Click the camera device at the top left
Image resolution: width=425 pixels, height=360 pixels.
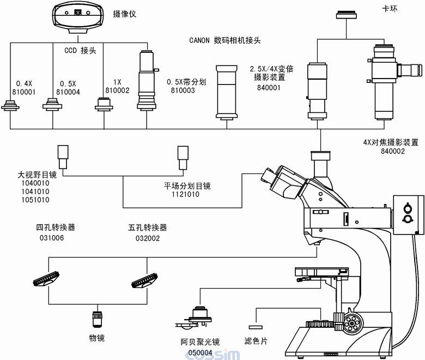78,16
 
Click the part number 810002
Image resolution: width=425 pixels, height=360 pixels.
117,91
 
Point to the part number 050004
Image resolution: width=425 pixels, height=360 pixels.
201,352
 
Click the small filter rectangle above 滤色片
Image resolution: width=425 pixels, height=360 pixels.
255,327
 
